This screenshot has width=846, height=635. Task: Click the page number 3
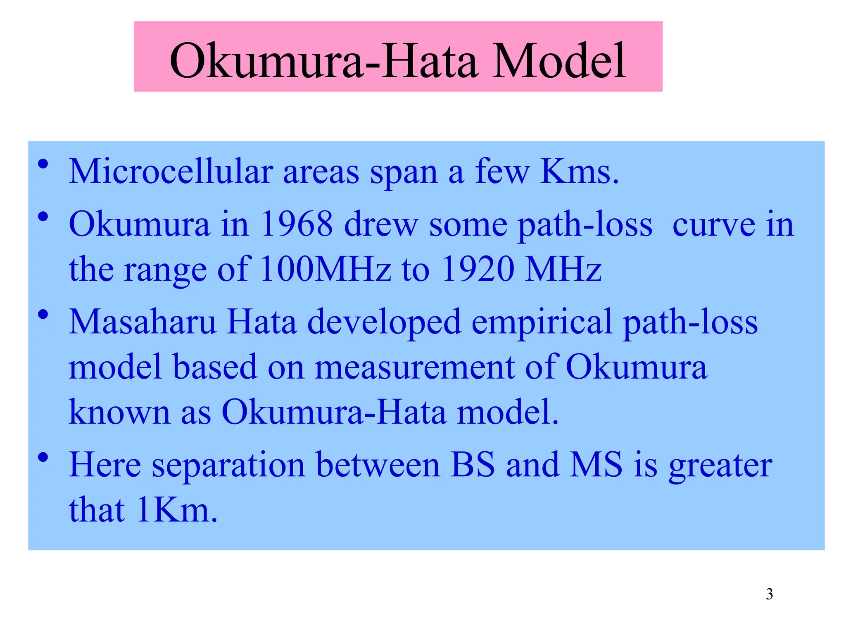point(769,594)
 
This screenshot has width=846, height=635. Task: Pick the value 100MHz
point(326,269)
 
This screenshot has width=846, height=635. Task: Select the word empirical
point(542,322)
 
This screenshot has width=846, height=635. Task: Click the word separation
point(228,465)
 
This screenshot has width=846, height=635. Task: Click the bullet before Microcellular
point(43,165)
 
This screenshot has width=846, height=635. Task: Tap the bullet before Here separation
point(43,458)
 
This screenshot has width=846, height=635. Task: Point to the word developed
point(384,322)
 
